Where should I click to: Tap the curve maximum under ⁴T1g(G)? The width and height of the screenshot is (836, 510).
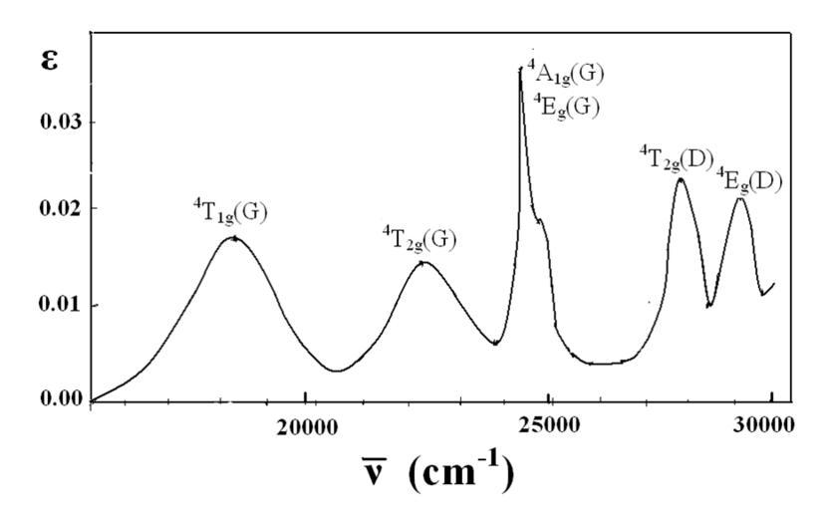click(233, 237)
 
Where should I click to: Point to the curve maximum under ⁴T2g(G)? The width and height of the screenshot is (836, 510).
click(422, 262)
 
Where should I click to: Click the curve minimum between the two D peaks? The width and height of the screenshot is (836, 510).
click(708, 305)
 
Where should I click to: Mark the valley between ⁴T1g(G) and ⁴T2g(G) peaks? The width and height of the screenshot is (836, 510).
click(337, 371)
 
